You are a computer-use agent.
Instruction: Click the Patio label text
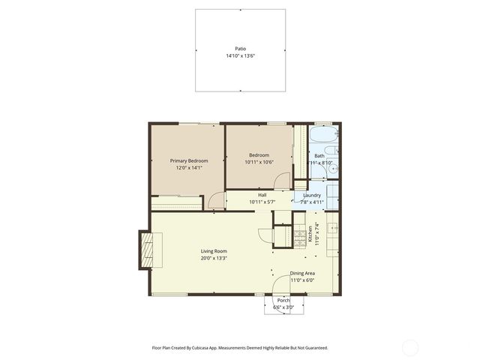(x=240, y=48)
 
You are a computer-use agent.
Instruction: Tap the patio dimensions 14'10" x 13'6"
(x=240, y=56)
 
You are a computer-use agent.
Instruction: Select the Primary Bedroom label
(x=189, y=160)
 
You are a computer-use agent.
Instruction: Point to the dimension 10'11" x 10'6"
(x=259, y=162)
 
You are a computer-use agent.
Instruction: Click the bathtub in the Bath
(x=325, y=136)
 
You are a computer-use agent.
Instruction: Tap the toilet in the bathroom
(x=331, y=151)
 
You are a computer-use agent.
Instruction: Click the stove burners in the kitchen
(x=302, y=236)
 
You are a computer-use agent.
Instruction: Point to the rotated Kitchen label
(x=310, y=233)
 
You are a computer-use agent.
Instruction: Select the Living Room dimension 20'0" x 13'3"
(x=214, y=259)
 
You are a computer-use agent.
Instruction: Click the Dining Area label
(x=302, y=273)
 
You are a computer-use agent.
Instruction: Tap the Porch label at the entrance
(x=283, y=299)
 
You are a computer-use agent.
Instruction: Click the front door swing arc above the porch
(x=279, y=285)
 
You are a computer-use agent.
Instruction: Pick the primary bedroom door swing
(x=216, y=200)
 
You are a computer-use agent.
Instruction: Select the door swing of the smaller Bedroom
(x=282, y=181)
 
